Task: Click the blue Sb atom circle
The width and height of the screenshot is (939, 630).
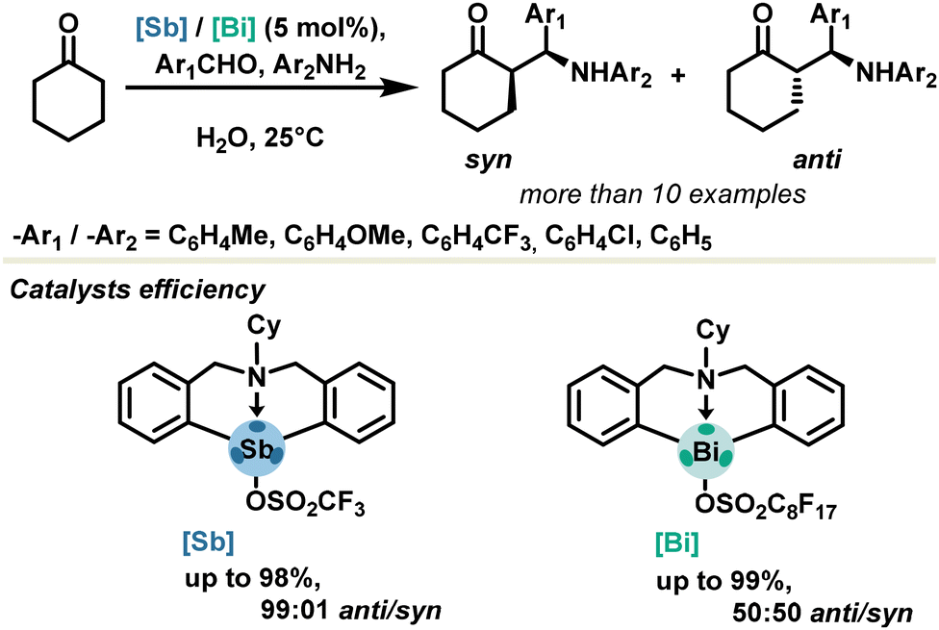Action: (x=255, y=448)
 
